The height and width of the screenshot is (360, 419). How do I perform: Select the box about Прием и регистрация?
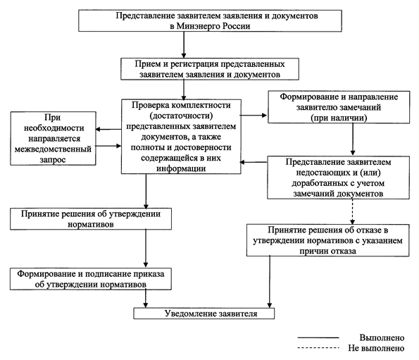[210, 69]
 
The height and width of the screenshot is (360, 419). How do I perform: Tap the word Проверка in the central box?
[150, 105]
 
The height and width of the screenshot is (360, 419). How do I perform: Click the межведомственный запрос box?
[53, 139]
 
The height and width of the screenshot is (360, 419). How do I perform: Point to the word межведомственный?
[53, 149]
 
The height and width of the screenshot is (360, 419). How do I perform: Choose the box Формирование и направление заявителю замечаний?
[339, 107]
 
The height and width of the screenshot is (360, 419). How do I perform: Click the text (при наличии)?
[339, 118]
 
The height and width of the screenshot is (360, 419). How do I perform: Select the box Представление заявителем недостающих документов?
[338, 178]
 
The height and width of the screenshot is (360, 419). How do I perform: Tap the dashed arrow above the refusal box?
[353, 211]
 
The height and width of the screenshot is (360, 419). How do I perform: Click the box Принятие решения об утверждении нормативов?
[91, 219]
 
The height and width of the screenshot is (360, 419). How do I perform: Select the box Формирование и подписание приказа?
[91, 279]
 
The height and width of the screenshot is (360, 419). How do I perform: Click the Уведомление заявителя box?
[204, 314]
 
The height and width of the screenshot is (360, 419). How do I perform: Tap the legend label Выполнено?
[382, 338]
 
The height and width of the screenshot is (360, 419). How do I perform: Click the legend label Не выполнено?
[376, 348]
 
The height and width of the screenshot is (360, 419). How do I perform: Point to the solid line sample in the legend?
[318, 338]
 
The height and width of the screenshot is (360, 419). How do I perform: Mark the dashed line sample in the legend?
[318, 348]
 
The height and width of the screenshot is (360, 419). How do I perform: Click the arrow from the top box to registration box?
[184, 44]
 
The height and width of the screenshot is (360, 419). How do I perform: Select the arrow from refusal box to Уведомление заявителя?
[270, 282]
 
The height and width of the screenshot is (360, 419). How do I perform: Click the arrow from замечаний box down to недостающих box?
[353, 139]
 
